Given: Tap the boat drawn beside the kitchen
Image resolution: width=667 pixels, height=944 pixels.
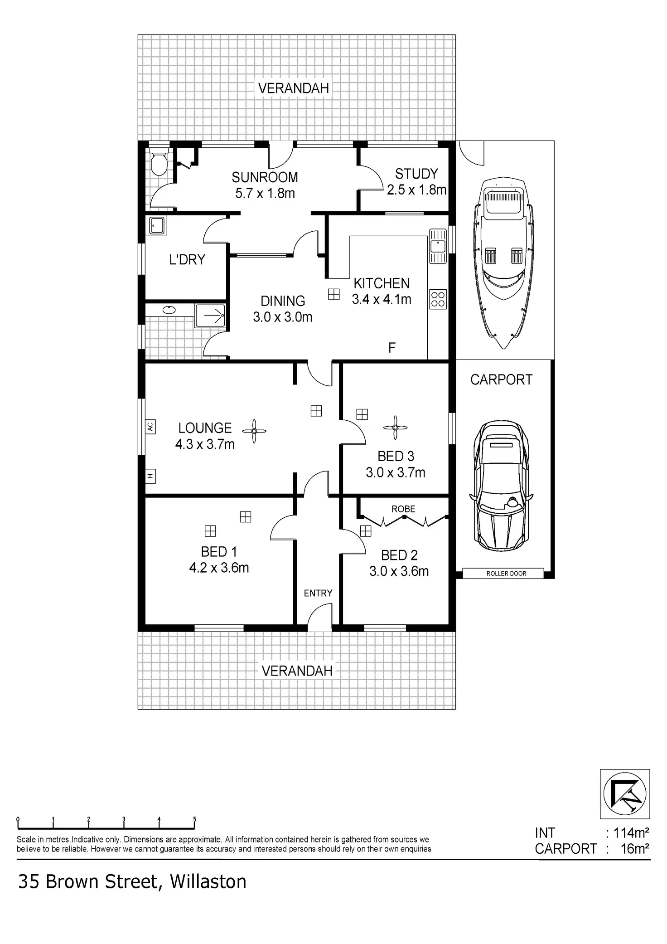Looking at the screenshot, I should pos(503,263).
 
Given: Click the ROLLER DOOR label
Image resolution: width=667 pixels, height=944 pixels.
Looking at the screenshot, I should pos(506,574).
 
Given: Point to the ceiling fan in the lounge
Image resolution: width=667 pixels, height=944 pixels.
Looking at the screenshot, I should pos(254,430).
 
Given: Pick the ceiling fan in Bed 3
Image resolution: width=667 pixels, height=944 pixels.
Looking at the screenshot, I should pos(395,428).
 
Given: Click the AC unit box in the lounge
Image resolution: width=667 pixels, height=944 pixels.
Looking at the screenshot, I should pos(150,427).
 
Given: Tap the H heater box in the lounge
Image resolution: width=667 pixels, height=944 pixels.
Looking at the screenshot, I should pos(150,476).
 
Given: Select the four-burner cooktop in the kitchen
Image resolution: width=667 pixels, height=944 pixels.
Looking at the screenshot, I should pos(438,299).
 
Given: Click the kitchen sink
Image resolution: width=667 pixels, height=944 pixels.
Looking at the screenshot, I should pos(438,246).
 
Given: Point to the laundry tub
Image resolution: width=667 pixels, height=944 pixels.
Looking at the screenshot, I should pos(156,225).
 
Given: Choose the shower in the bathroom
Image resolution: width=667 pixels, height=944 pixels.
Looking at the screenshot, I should pos(210,315).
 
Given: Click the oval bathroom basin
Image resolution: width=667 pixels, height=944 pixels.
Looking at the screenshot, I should pos(169,310).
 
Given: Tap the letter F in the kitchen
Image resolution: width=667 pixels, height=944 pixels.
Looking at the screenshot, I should pos(392,348).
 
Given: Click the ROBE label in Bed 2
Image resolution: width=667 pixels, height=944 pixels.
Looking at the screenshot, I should pos(403,509).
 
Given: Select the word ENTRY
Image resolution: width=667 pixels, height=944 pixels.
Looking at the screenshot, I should pos(318,593).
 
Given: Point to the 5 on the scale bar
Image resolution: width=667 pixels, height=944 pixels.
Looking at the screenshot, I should pos(195,819).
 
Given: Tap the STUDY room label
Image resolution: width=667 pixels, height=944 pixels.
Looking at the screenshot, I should pos(416,174).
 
